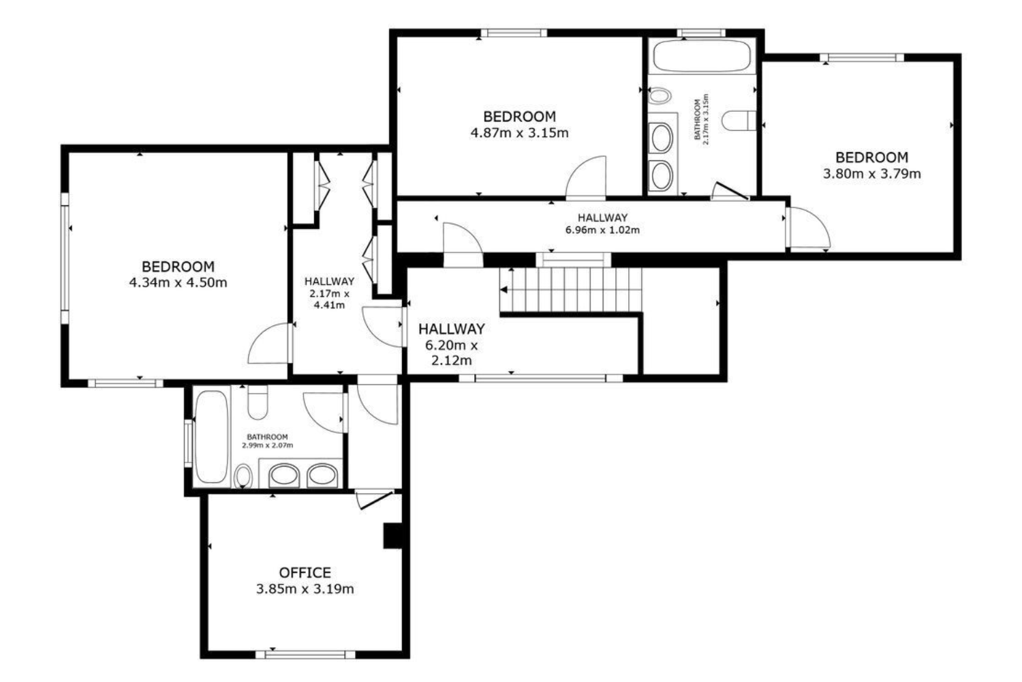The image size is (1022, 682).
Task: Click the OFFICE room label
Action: pos(305,573)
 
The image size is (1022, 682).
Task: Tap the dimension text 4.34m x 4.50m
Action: pos(178,283)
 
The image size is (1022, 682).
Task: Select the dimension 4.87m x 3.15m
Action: pos(520,133)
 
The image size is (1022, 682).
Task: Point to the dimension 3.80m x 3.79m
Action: pos(871,174)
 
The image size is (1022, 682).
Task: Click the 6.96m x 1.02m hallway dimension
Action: pos(602,230)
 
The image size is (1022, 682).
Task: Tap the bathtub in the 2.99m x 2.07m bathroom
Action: pos(211,436)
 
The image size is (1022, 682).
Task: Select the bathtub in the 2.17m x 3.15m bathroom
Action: pos(702,56)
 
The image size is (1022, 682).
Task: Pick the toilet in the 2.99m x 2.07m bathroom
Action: pos(258,402)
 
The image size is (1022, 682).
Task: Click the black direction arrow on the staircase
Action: pos(504,290)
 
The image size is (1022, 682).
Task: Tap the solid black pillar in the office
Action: pos(392,536)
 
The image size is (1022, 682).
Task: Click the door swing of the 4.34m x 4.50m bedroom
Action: pos(269,344)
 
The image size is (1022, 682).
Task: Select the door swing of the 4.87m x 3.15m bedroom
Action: pos(586,177)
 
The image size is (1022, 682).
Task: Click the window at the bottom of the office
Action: pos(305,655)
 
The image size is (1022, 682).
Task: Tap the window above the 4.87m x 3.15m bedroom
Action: pos(514,33)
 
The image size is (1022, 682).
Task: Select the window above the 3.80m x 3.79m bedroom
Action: pos(862,57)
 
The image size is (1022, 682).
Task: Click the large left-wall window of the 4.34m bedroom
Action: pos(65,258)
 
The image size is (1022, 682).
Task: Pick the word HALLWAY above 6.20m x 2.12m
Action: pos(451,329)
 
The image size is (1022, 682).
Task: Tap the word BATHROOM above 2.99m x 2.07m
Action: pos(267,436)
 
